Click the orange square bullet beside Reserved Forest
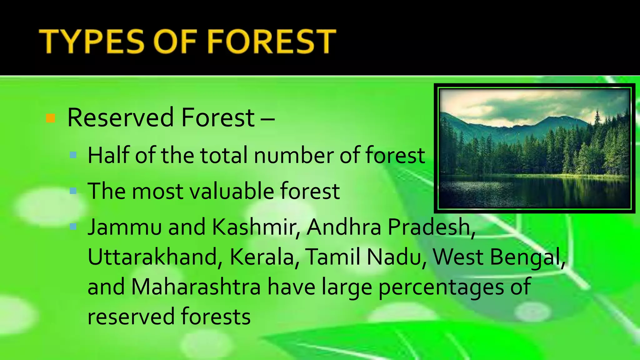pyautogui.click(x=50, y=118)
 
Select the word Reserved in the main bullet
pyautogui.click(x=120, y=118)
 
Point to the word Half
pyautogui.click(x=108, y=155)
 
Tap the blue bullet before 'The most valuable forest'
pyautogui.click(x=73, y=191)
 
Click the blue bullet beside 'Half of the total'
pyautogui.click(x=73, y=155)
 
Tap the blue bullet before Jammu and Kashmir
pyautogui.click(x=73, y=227)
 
